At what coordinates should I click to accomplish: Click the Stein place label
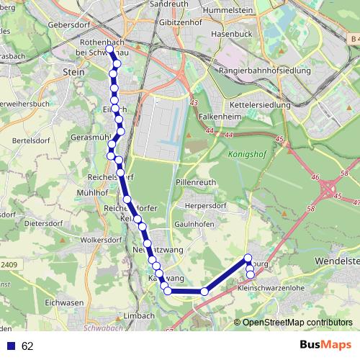pyautogui.click(x=74, y=72)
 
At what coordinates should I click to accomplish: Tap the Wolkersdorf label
pyautogui.click(x=101, y=239)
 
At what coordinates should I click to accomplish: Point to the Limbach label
pyautogui.click(x=139, y=315)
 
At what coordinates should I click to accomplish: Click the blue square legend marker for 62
pyautogui.click(x=11, y=346)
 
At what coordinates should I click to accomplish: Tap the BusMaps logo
pyautogui.click(x=325, y=346)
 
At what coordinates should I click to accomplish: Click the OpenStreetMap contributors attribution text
pyautogui.click(x=297, y=323)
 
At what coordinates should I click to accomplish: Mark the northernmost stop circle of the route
pyautogui.click(x=111, y=51)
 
